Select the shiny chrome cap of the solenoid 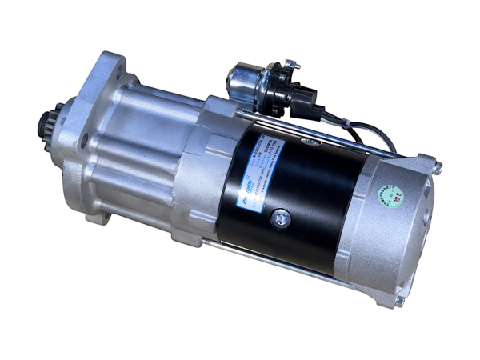pos(241,79)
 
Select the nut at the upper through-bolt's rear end pos(437,166)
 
